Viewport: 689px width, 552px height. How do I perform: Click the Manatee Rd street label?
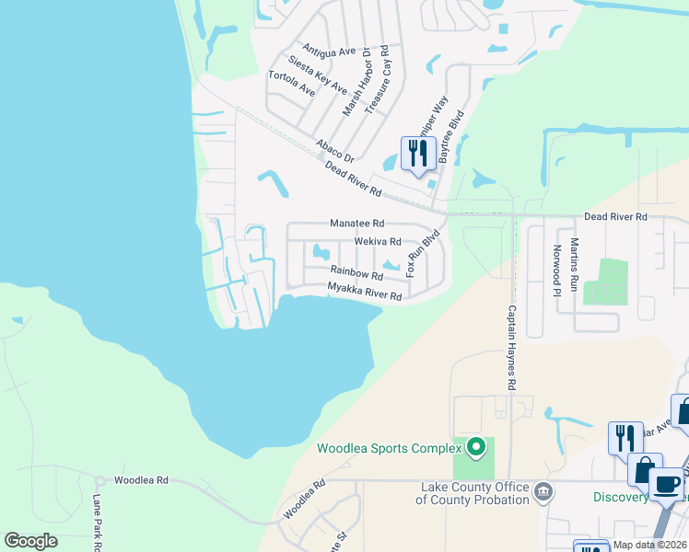tap(357, 224)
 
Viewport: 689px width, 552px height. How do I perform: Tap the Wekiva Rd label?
tap(378, 242)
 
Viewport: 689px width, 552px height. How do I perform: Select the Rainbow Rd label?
tap(356, 273)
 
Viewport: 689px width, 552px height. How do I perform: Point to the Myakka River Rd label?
tap(365, 292)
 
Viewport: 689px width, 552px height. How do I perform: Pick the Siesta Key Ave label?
tap(318, 75)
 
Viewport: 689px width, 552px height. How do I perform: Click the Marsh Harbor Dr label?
tap(356, 81)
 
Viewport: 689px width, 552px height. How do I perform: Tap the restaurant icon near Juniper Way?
tap(417, 153)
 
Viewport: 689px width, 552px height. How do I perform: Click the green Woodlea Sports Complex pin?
tap(475, 448)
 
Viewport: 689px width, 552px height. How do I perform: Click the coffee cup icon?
tap(666, 483)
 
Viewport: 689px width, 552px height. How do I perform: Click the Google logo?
tap(30, 541)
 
